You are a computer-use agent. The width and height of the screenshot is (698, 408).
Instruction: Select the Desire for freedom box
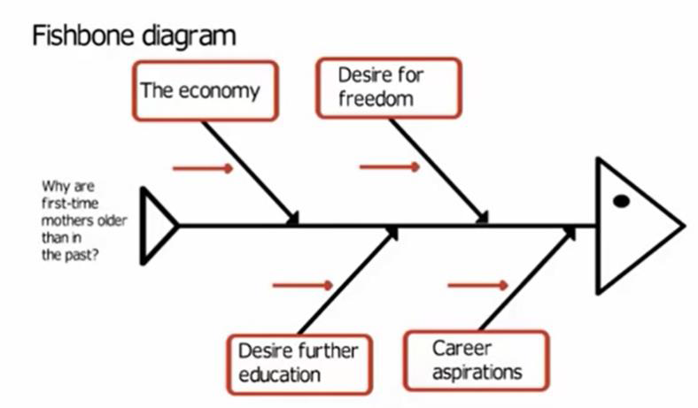click(388, 88)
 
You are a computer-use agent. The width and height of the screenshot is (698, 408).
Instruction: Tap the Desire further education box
click(299, 362)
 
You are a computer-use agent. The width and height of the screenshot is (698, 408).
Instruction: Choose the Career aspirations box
click(476, 360)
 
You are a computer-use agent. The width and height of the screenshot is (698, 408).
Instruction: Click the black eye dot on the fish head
click(621, 201)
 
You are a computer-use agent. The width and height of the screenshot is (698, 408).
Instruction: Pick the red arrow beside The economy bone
click(203, 168)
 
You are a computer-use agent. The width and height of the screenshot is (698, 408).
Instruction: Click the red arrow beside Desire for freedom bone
click(390, 166)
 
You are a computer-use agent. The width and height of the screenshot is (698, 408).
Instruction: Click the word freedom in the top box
click(376, 98)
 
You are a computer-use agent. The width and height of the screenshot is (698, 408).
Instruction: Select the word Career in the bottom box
click(461, 348)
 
